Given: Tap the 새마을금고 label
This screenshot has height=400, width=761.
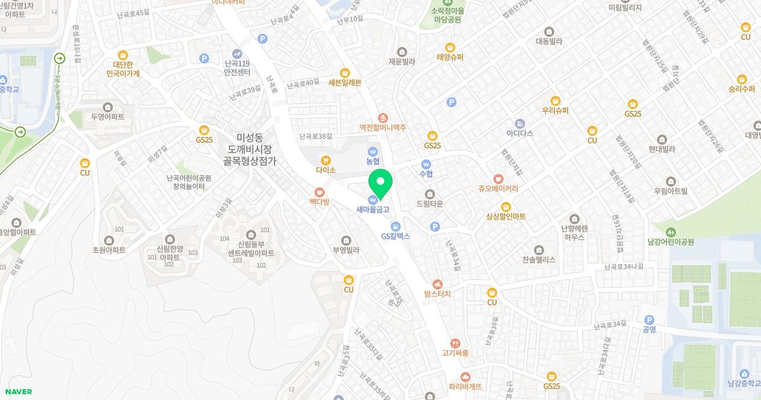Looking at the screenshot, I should (372, 209).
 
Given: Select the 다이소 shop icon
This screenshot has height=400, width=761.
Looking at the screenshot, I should (325, 160).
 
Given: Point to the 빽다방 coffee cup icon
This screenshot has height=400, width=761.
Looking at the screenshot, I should (320, 191).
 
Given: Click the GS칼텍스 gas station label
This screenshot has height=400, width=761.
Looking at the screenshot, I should (396, 236).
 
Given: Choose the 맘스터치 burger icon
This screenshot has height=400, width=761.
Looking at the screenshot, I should (437, 284).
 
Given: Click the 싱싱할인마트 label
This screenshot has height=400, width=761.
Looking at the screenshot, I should (505, 217).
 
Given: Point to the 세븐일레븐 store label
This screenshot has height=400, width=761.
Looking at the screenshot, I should (344, 83).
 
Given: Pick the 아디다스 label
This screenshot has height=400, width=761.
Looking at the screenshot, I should (519, 133).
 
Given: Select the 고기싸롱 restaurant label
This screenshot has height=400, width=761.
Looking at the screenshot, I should (455, 352).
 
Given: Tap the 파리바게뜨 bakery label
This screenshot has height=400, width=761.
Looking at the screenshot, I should (465, 386).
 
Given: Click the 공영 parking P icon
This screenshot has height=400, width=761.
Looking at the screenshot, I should (649, 320).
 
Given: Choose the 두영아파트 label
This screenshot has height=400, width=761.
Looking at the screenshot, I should (107, 117).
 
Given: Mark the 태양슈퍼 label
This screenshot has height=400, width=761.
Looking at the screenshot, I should (450, 57).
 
